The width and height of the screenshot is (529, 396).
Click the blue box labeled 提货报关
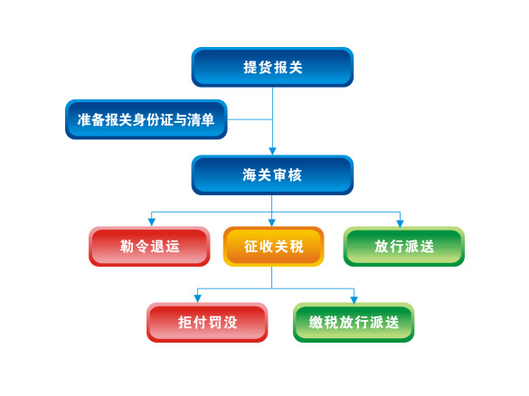point(272,67)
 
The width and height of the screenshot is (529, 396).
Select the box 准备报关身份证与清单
point(146,119)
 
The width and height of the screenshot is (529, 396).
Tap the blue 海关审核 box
point(272,175)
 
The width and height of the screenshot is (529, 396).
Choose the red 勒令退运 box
point(149,246)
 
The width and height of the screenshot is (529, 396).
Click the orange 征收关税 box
point(274,246)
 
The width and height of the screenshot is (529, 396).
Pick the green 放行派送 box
point(404,246)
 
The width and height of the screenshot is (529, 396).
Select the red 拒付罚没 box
point(207,322)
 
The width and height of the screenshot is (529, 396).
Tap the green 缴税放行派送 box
point(354,322)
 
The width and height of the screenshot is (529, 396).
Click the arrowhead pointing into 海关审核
point(272,151)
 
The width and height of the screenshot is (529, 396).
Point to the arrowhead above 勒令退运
point(152,222)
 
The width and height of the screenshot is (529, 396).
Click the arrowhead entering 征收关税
point(272,222)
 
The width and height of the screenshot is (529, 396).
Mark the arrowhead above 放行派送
point(400,223)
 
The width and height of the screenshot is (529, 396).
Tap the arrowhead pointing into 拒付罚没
point(198,298)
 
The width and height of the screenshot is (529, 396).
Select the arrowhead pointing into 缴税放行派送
point(354,299)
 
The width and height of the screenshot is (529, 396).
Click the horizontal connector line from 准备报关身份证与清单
point(250,119)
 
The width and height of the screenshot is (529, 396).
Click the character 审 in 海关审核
point(279,175)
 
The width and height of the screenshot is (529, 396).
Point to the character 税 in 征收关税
point(297,246)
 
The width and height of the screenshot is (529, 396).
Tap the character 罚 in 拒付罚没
point(215,322)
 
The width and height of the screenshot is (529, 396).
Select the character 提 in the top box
point(250,67)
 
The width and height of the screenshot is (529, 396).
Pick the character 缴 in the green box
point(316,322)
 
